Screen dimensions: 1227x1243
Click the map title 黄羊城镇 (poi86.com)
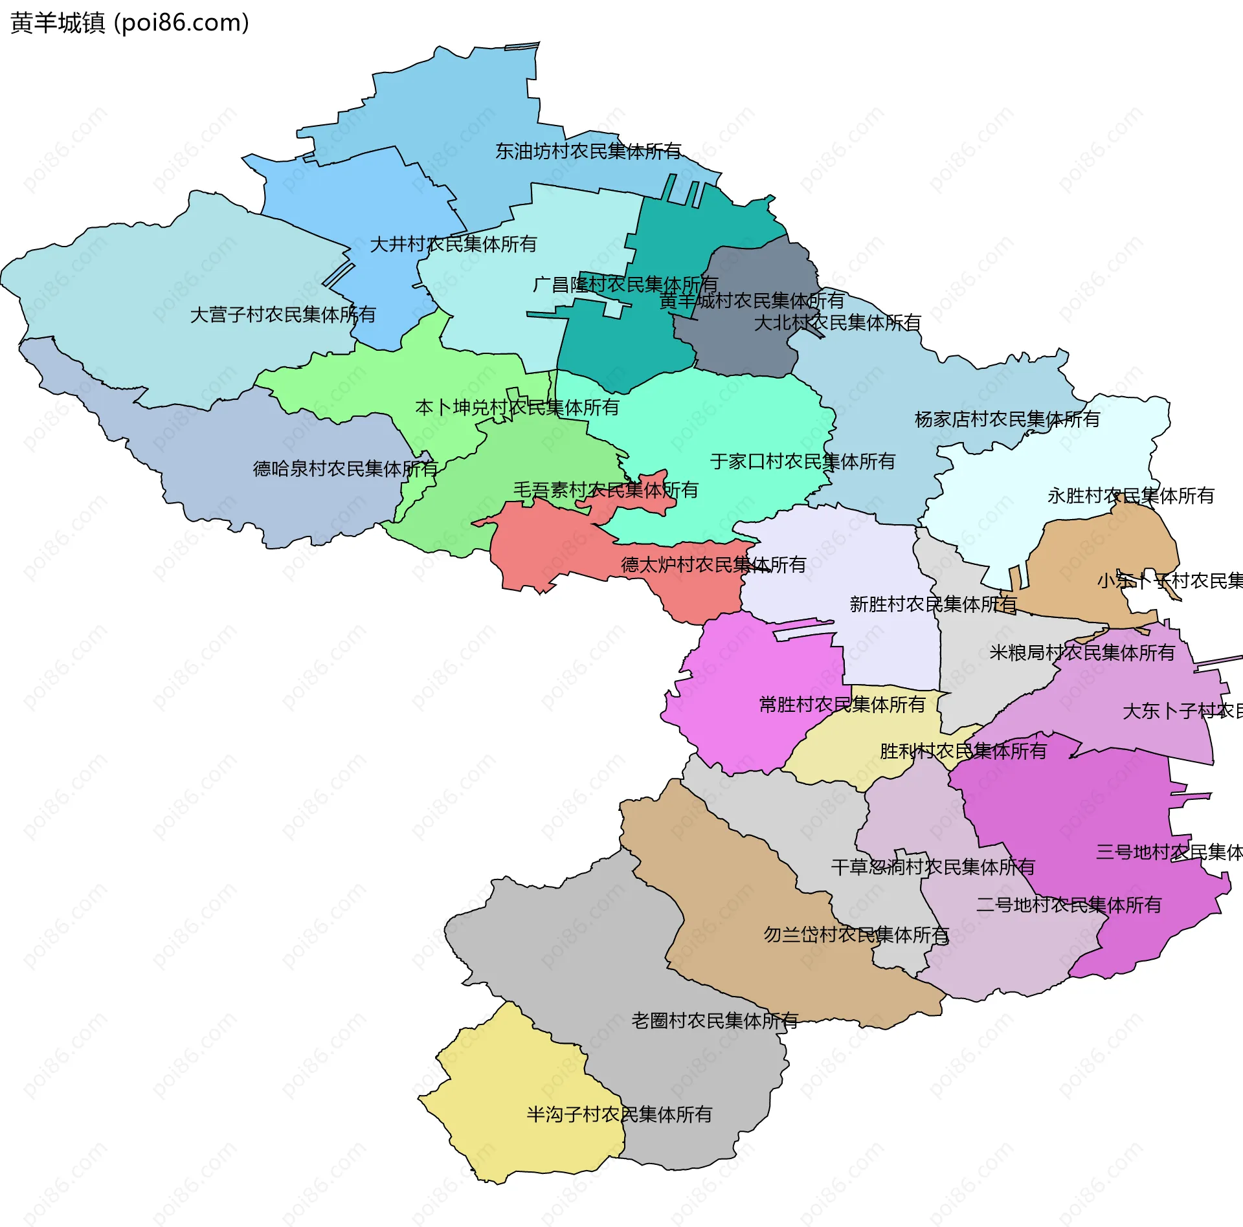[129, 23]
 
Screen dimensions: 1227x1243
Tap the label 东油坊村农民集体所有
[588, 151]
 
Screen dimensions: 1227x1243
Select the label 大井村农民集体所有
[453, 245]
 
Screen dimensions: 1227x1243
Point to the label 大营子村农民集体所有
[283, 315]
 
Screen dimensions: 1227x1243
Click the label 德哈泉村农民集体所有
[346, 469]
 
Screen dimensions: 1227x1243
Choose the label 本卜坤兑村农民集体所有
[517, 408]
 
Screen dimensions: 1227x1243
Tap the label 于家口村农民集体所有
[803, 461]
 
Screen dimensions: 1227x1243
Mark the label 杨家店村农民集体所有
[1007, 419]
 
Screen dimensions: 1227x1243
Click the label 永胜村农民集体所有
[1130, 496]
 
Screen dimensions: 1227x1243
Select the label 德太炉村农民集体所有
[713, 565]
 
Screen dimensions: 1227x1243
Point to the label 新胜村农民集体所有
[933, 604]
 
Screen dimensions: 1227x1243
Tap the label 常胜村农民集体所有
[842, 705]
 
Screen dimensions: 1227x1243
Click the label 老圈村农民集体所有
[715, 1021]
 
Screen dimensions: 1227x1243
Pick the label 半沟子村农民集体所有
[619, 1114]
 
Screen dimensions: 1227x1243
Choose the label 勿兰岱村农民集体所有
[856, 934]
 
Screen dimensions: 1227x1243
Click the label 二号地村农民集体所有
[1069, 905]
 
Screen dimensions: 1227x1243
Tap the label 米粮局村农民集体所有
[1082, 652]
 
